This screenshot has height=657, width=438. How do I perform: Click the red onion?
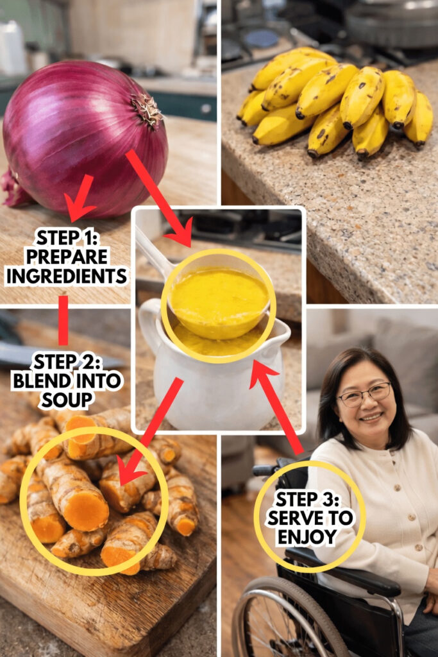(84, 139)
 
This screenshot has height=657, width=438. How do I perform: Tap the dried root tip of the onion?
(147, 110)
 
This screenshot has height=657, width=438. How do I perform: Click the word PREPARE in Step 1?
(66, 257)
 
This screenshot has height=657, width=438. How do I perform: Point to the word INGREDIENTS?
(66, 276)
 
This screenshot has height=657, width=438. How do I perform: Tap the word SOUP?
(66, 400)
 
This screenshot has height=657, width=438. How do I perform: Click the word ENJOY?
(307, 537)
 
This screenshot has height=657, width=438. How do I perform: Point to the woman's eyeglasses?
(364, 395)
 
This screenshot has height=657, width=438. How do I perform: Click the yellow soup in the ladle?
(219, 298)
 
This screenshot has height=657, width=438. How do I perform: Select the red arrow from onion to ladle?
(160, 198)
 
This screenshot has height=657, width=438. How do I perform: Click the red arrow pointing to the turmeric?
(150, 432)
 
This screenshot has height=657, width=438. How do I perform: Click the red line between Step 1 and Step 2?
(63, 321)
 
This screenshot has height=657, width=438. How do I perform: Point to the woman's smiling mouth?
(371, 417)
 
